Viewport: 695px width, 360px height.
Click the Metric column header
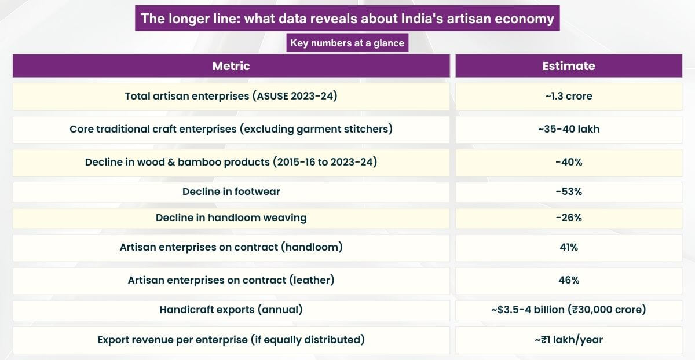231,66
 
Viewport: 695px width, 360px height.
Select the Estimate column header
568,66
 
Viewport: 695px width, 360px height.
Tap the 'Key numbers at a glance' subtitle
347,43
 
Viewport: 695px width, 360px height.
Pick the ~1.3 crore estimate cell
568,96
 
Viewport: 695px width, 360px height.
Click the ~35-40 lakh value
568,129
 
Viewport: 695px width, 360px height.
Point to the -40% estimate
568,162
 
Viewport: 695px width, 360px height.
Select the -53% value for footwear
568,192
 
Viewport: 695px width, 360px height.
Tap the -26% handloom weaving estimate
568,218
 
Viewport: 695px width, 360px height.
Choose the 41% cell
568,247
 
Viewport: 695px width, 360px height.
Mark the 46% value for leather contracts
568,280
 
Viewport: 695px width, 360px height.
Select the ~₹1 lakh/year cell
568,340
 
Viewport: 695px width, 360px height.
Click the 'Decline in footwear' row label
231,192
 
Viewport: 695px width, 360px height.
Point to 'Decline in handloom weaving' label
231,218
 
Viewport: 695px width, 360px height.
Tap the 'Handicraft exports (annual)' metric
231,310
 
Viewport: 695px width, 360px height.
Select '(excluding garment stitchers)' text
316,129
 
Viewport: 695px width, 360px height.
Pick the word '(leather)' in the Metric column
312,280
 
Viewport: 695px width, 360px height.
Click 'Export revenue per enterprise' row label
173,340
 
